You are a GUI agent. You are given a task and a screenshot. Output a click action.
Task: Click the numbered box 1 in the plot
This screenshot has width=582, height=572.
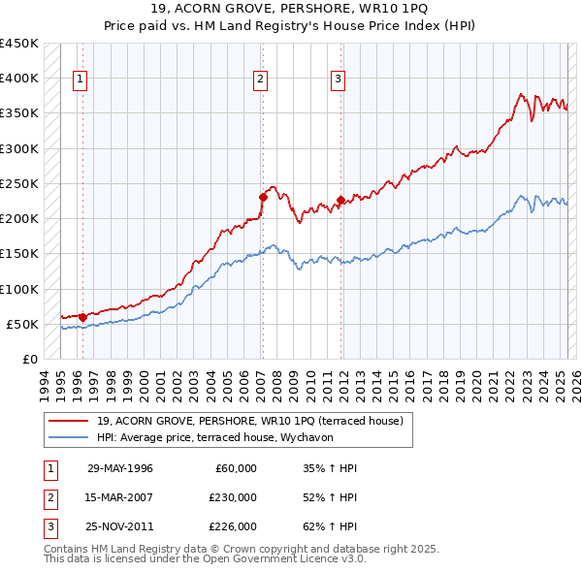[79, 80]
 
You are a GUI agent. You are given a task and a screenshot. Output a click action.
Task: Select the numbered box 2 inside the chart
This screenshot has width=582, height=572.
[261, 80]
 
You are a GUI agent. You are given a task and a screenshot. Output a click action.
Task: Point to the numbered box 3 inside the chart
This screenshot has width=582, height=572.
[339, 80]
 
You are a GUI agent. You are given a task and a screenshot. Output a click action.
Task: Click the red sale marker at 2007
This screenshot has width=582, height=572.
[262, 197]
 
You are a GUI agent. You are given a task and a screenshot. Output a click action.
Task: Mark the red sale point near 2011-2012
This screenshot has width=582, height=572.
[340, 200]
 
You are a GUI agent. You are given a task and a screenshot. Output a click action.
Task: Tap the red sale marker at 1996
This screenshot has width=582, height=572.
[83, 316]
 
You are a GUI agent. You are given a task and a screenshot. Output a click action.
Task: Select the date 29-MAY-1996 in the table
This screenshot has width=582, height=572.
[120, 468]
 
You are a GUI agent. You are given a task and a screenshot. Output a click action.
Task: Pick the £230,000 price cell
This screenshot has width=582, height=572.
[234, 497]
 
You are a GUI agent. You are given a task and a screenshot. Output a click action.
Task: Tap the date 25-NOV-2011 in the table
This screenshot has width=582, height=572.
[120, 527]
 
